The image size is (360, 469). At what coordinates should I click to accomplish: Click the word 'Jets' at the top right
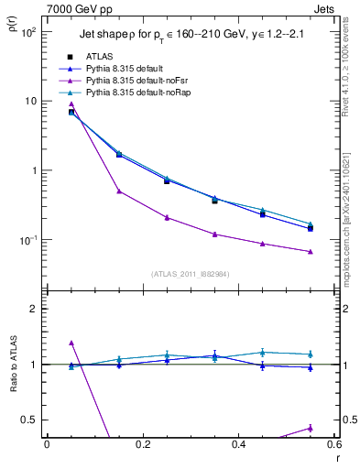click(x=326, y=8)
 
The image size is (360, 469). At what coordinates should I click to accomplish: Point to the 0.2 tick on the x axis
click(x=142, y=445)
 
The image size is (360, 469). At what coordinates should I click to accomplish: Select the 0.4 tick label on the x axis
click(x=238, y=445)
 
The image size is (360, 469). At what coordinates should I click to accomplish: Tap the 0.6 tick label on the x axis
click(x=333, y=445)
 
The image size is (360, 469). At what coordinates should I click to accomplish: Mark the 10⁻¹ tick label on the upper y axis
click(x=28, y=240)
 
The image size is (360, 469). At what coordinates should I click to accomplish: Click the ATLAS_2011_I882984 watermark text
click(x=191, y=274)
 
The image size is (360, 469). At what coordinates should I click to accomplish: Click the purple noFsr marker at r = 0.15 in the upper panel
click(x=119, y=191)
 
